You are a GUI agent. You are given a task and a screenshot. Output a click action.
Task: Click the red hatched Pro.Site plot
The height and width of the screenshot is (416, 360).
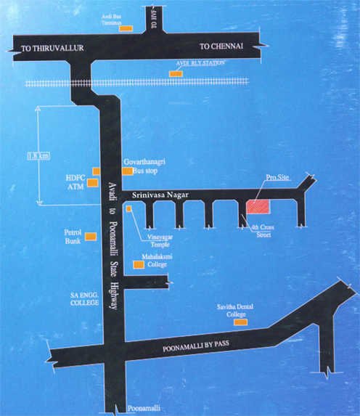click(x=258, y=206)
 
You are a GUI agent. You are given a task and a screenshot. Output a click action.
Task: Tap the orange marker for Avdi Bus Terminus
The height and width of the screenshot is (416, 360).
click(x=125, y=29)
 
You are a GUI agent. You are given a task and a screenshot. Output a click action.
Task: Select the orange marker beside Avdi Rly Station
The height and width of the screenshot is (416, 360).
click(x=176, y=73)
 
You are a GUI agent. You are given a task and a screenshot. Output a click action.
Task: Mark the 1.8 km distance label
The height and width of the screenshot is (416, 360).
click(x=33, y=156)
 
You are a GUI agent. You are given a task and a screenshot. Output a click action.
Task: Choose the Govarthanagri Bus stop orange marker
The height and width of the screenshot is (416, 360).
click(x=128, y=172)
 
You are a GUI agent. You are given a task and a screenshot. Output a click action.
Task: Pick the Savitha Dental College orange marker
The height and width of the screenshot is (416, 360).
click(x=240, y=322)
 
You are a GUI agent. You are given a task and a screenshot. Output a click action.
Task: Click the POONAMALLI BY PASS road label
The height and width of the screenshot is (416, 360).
click(x=191, y=347)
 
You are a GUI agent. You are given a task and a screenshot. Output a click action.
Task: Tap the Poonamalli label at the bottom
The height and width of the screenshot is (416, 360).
click(x=139, y=408)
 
